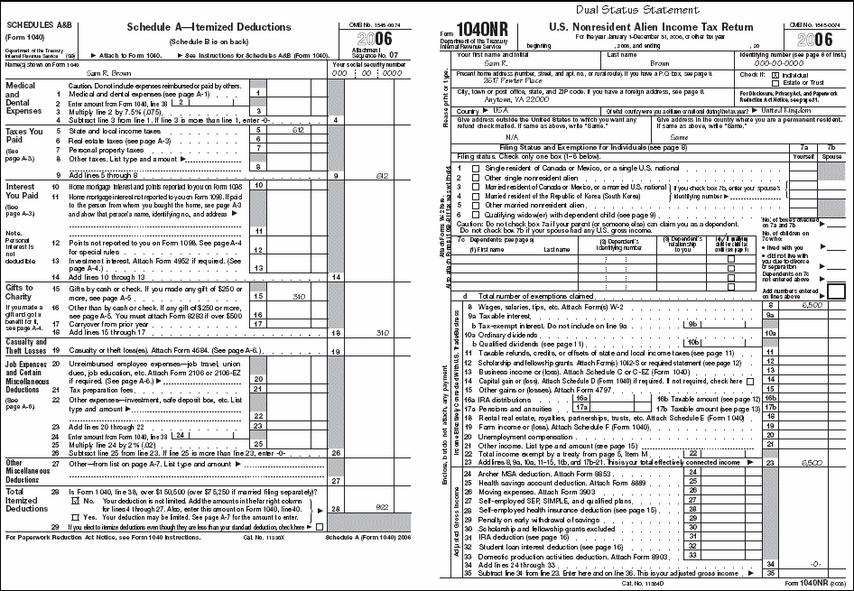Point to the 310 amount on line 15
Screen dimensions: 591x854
coord(301,295)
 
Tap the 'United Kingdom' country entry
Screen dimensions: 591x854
coord(784,109)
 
